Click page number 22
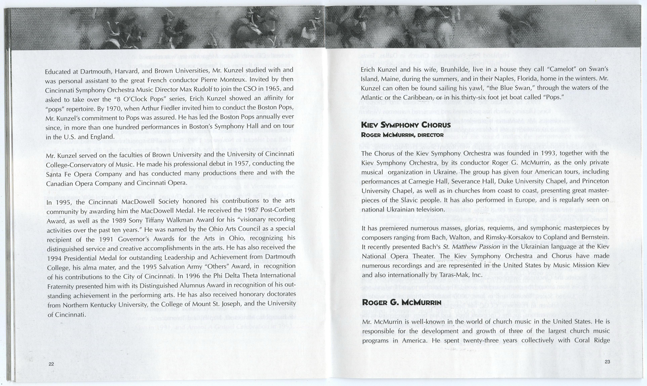[x=51, y=364]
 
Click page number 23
[x=607, y=362]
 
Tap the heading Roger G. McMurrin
[x=402, y=302]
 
